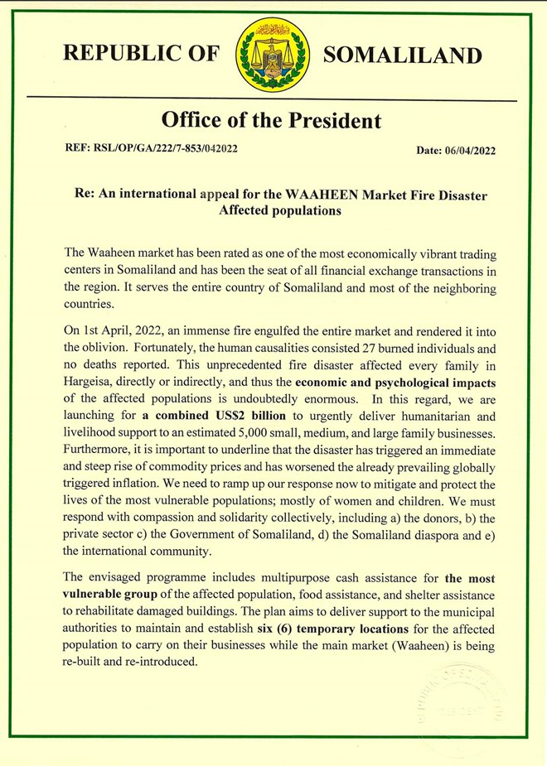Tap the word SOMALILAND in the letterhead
(x=402, y=55)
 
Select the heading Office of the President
(x=272, y=121)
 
